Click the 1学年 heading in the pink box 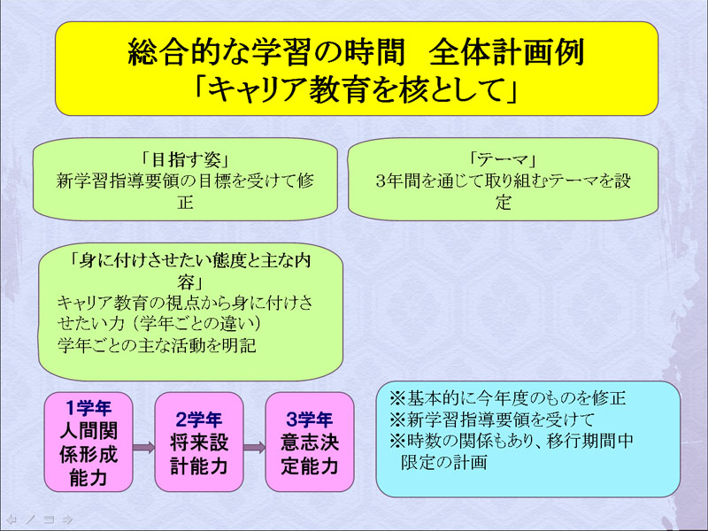(x=88, y=408)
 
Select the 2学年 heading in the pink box (x=199, y=419)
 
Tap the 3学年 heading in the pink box (x=310, y=419)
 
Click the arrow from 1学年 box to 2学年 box (x=144, y=448)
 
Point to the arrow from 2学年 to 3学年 (x=255, y=448)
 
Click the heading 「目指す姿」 (x=186, y=160)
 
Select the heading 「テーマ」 (x=503, y=160)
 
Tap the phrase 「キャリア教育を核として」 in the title (x=357, y=88)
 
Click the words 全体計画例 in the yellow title (x=506, y=52)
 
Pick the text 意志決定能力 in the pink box (x=310, y=454)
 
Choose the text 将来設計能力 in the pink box (x=199, y=454)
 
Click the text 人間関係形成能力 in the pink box (x=88, y=454)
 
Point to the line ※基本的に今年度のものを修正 (x=508, y=398)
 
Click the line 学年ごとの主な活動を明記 (x=158, y=345)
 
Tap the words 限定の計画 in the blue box (x=444, y=462)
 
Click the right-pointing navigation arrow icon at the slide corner (x=68, y=519)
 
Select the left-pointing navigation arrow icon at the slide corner (x=12, y=519)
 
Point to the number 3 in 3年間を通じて (x=381, y=181)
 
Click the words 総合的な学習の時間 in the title (x=266, y=52)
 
